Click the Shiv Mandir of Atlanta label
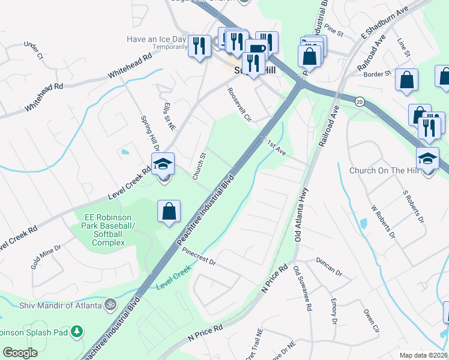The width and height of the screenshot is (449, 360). point(57,305)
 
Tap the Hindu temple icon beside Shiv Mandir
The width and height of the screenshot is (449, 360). point(109,305)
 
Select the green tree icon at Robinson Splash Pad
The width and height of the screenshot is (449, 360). point(76,331)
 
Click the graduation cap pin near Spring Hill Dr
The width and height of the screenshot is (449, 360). point(161,163)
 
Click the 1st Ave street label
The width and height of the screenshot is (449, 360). point(276,147)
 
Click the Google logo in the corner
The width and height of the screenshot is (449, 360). point(20,352)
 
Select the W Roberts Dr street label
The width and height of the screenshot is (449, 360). point(384,221)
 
